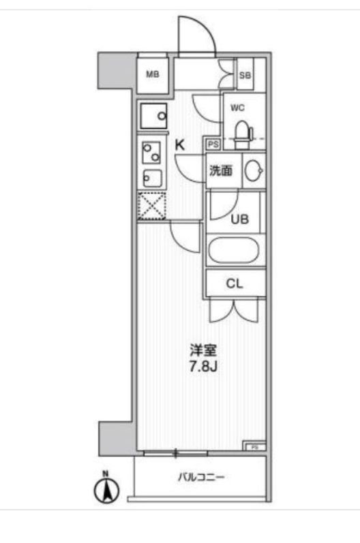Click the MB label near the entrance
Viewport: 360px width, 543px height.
click(x=153, y=74)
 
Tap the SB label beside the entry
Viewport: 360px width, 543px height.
click(x=245, y=75)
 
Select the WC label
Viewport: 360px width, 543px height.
click(x=237, y=108)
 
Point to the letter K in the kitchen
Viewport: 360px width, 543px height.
click(x=180, y=145)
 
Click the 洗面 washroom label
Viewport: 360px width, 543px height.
click(x=221, y=170)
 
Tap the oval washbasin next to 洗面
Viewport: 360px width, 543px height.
click(x=254, y=170)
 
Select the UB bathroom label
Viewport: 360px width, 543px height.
click(x=240, y=219)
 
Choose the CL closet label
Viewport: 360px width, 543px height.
click(x=235, y=283)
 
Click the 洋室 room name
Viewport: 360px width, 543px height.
click(x=203, y=350)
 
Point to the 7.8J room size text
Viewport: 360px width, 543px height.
click(x=203, y=367)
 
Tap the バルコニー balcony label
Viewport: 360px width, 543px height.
click(x=201, y=478)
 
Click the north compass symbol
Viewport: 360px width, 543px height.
click(x=107, y=489)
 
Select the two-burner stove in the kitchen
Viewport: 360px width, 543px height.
click(x=152, y=153)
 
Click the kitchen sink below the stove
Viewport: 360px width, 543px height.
click(x=152, y=178)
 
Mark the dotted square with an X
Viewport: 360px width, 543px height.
click(x=152, y=206)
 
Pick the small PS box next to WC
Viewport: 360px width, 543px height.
click(x=213, y=144)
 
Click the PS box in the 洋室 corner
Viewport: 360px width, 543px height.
click(x=254, y=447)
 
